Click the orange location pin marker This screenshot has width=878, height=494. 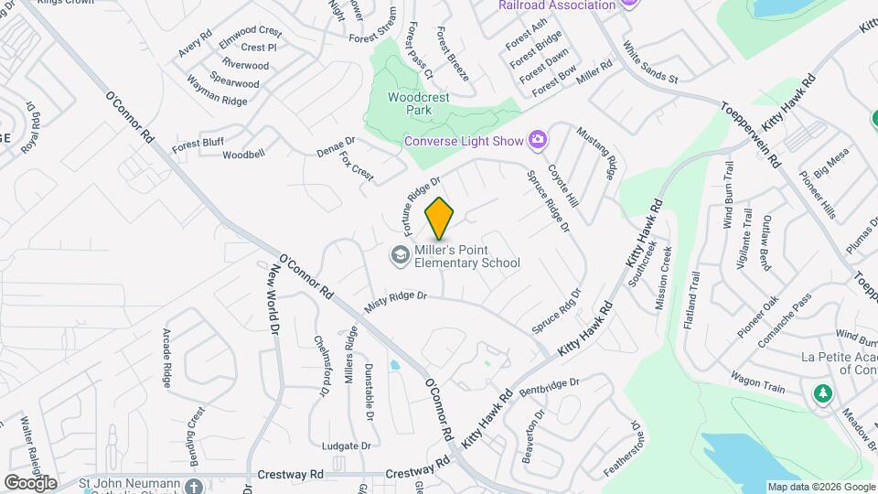click(440, 218)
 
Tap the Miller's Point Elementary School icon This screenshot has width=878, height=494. click(399, 255)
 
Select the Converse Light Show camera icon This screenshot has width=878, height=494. click(538, 139)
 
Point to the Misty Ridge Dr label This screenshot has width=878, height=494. click(396, 302)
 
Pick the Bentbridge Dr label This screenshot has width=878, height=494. click(550, 386)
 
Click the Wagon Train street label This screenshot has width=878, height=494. click(757, 381)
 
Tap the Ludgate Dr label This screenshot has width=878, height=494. click(346, 446)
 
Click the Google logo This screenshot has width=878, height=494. click(30, 482)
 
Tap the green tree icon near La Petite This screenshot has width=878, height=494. click(822, 393)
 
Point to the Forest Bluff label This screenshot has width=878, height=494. click(198, 143)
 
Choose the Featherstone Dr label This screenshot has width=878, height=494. click(622, 448)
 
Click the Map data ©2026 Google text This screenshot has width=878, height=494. click(820, 487)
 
